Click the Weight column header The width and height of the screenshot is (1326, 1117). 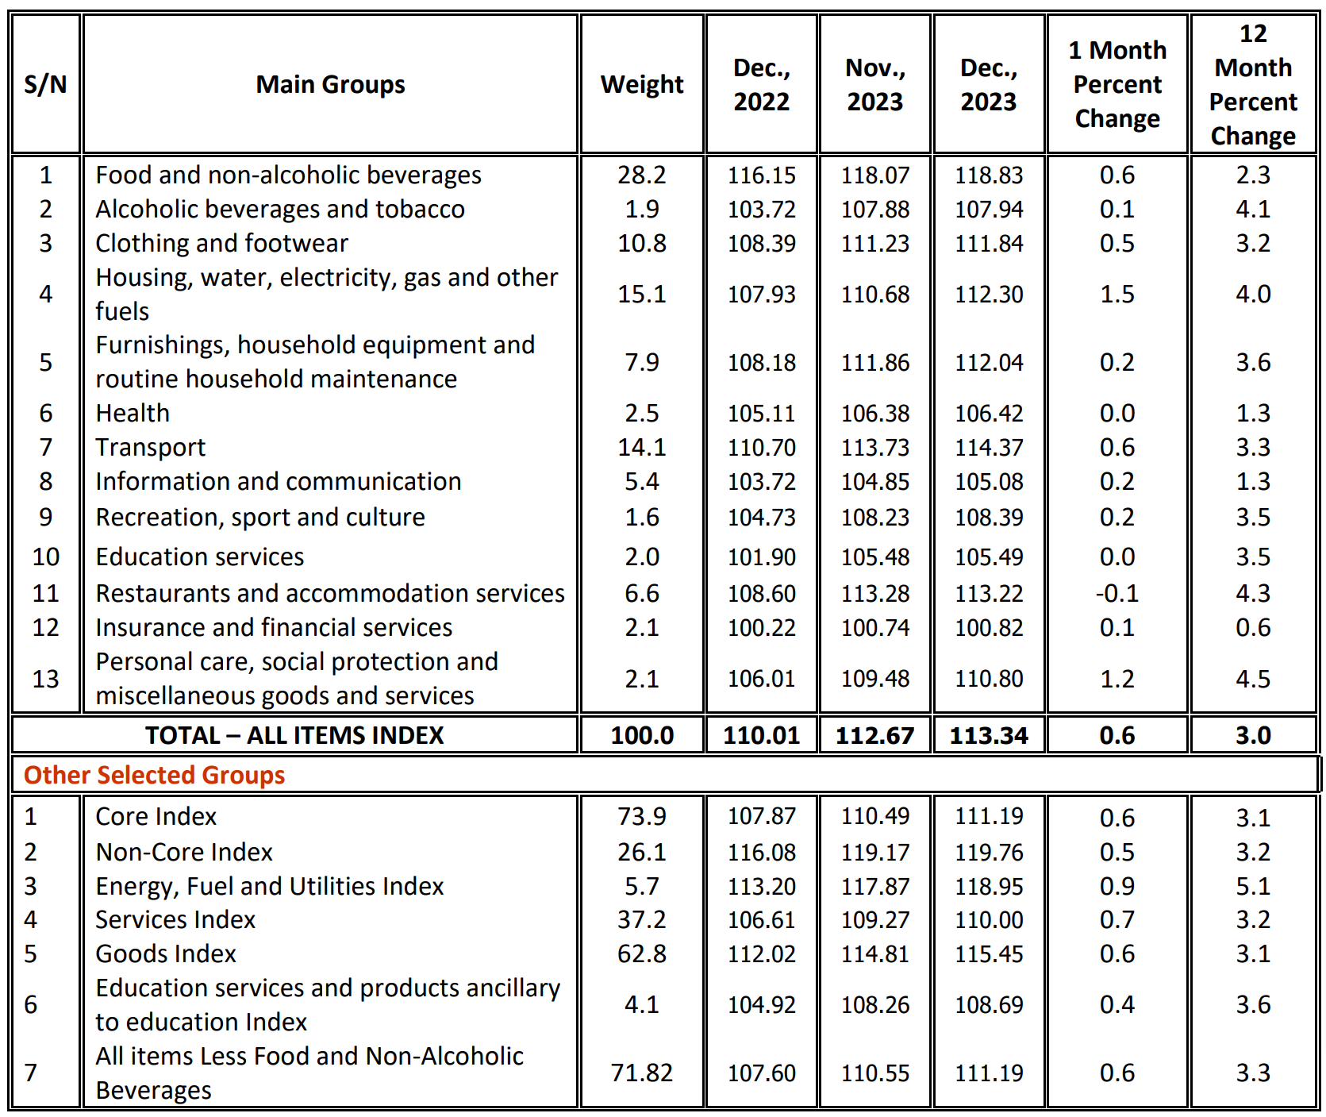[641, 84]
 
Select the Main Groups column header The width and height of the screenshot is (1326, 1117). [330, 84]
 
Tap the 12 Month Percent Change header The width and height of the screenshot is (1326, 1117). [1252, 84]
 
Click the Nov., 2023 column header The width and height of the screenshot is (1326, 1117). [874, 84]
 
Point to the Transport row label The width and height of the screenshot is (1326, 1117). [150, 448]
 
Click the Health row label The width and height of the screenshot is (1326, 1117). [133, 414]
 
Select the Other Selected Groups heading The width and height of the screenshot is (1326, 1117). [154, 775]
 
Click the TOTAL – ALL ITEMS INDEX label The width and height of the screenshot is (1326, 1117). [294, 735]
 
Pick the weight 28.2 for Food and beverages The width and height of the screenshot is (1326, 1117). [641, 175]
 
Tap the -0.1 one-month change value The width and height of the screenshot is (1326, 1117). [1117, 594]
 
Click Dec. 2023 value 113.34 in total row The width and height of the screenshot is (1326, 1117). [988, 735]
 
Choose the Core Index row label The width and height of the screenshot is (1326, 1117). [156, 816]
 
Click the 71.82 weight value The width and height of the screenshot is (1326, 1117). [641, 1073]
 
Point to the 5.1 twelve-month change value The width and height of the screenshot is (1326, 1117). [1252, 886]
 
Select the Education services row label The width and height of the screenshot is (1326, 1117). [199, 557]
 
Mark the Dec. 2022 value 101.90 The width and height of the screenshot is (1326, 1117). [761, 557]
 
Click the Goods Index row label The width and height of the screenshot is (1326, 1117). [166, 953]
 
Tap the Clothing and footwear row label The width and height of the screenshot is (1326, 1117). [221, 244]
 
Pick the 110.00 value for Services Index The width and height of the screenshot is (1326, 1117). [988, 920]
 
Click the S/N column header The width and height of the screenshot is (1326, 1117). [45, 84]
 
